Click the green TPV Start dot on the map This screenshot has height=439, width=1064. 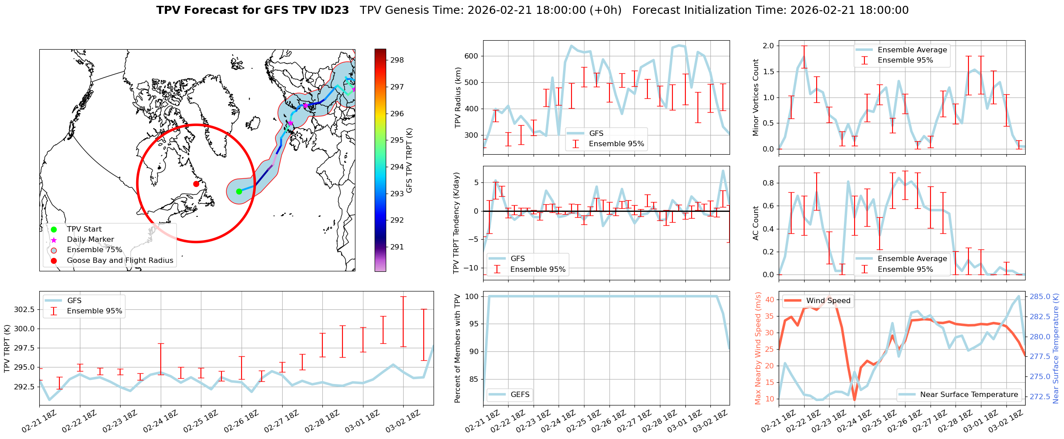coord(239,191)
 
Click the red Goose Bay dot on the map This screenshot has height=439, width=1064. coord(196,184)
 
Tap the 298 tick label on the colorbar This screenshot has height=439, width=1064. coord(397,60)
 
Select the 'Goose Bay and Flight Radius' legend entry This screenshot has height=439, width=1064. coord(120,260)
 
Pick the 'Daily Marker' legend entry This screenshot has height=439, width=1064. coord(90,240)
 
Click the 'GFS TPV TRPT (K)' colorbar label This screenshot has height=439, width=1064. coord(409,160)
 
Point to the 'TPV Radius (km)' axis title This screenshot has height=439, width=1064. coord(458,97)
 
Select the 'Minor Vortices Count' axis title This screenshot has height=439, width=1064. coord(755,97)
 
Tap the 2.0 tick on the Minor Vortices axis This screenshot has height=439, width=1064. coord(768,46)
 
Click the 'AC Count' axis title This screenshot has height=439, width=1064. coord(755,223)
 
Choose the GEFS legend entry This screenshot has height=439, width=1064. coord(520,394)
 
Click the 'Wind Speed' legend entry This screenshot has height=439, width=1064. coord(828,300)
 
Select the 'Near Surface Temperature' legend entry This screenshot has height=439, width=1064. coord(969,394)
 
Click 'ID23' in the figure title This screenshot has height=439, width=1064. coord(334,10)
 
